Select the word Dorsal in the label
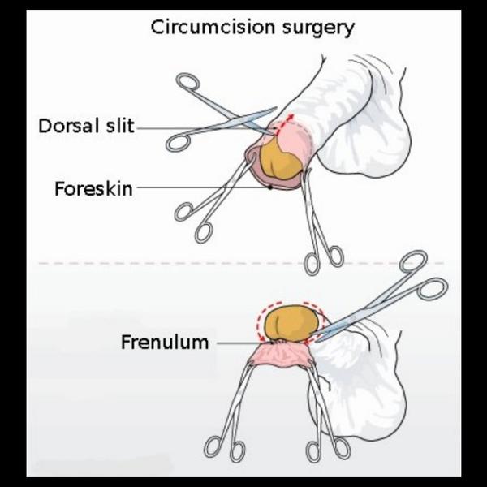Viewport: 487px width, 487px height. click(67, 127)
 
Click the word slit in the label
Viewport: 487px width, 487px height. click(118, 127)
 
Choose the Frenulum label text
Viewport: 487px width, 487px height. click(165, 342)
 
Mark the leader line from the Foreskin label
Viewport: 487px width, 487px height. click(203, 188)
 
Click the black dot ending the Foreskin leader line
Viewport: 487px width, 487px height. click(270, 188)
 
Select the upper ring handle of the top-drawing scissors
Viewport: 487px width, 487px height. click(187, 82)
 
